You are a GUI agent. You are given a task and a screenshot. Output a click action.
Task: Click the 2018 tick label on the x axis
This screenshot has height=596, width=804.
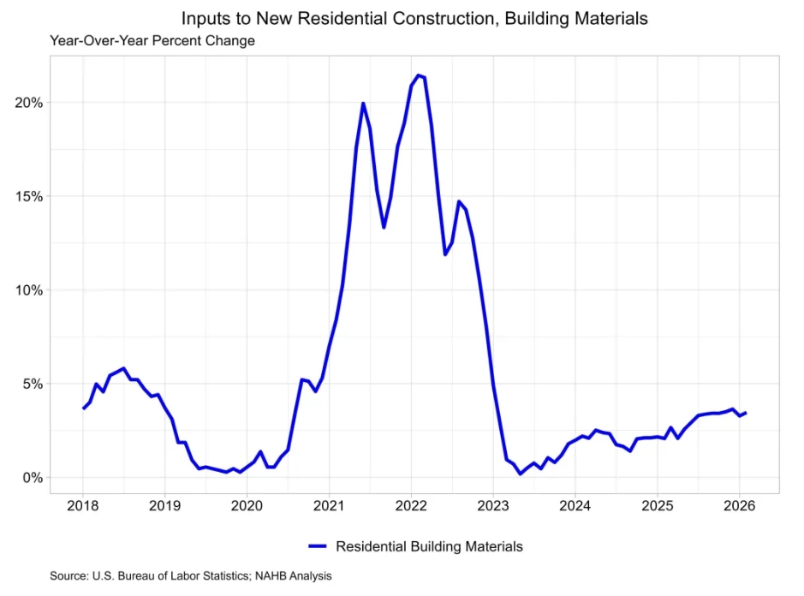coord(83,504)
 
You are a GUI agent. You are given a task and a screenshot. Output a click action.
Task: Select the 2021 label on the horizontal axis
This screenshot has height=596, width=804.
coord(329,504)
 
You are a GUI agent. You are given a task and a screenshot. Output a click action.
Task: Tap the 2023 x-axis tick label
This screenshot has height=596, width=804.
coord(492,504)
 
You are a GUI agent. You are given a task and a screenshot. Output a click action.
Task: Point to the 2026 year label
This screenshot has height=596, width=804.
coord(739,504)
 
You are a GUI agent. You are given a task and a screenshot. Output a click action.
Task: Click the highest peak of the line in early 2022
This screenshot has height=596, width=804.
coord(418,75)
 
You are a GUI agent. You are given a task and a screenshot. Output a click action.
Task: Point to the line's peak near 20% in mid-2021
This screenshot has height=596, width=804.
coord(363,104)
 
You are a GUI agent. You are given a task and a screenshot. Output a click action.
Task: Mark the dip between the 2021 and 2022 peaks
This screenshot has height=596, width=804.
coord(384,227)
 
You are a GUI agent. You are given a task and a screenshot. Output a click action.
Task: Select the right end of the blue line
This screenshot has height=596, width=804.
coord(746,413)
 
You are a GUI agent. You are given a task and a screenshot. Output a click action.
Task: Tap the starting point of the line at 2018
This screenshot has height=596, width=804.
coord(83,408)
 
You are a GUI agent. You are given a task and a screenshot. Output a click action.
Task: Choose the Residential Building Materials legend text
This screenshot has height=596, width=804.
coord(429,546)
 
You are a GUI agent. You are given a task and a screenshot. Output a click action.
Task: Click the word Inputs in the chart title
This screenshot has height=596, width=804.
coord(203,17)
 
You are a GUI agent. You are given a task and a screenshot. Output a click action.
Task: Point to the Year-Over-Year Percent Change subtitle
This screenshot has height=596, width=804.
coord(152,40)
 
